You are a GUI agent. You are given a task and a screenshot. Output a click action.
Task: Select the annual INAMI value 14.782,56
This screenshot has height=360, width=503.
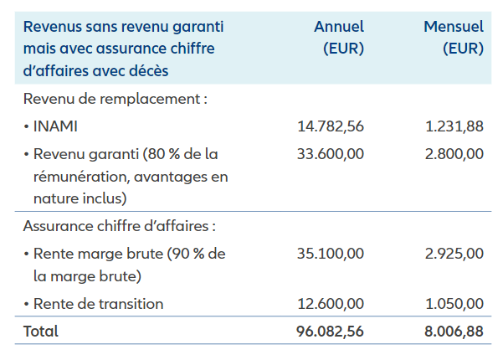pos(331,126)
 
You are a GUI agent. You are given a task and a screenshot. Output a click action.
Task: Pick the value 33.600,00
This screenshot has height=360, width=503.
pos(331,154)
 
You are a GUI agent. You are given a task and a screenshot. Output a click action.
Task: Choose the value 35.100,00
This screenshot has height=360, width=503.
pos(331,253)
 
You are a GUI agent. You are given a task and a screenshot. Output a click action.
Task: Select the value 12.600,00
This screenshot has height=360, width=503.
pos(331,303)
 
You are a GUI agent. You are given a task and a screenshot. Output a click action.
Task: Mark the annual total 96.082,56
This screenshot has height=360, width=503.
pos(331,332)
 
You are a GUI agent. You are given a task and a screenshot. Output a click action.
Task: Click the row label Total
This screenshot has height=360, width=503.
pos(41,332)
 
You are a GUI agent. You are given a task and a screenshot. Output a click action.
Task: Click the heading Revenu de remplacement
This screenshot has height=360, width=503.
pos(115,100)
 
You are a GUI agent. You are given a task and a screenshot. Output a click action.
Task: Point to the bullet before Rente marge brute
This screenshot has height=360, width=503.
pos(27,254)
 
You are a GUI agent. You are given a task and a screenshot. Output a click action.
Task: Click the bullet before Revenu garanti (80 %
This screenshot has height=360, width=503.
pos(27,155)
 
